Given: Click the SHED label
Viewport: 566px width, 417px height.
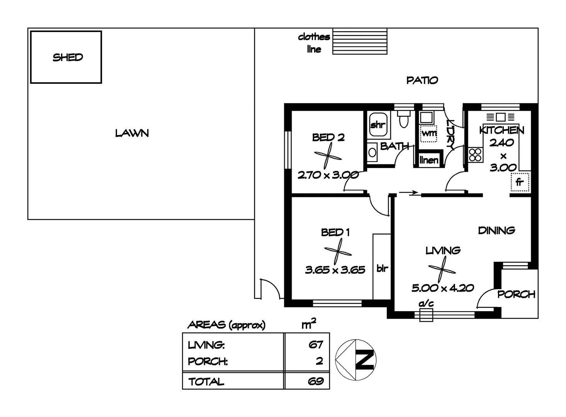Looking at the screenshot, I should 68,58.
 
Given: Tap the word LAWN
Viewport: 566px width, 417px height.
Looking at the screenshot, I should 132,133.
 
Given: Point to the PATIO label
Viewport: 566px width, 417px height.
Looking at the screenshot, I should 422,80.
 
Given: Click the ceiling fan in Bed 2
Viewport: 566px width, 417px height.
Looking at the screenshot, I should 328,156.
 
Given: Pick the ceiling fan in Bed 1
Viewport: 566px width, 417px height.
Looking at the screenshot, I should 338,251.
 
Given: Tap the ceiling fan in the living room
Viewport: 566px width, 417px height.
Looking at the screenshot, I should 442,269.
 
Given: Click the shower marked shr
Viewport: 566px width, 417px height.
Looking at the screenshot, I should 377,124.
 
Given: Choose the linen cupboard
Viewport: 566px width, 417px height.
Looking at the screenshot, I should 429,160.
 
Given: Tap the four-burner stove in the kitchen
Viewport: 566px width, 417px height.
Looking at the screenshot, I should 475,154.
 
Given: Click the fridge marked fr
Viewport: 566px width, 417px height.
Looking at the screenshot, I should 519,182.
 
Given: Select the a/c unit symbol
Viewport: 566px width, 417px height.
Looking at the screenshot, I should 426,314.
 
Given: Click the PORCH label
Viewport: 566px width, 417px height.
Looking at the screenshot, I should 516,294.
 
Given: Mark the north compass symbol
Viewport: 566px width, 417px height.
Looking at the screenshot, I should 356,359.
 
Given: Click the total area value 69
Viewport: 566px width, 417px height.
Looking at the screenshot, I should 315,381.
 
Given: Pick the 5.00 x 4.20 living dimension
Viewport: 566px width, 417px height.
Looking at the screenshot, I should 442,288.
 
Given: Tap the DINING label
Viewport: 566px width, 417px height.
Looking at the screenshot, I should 496,231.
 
